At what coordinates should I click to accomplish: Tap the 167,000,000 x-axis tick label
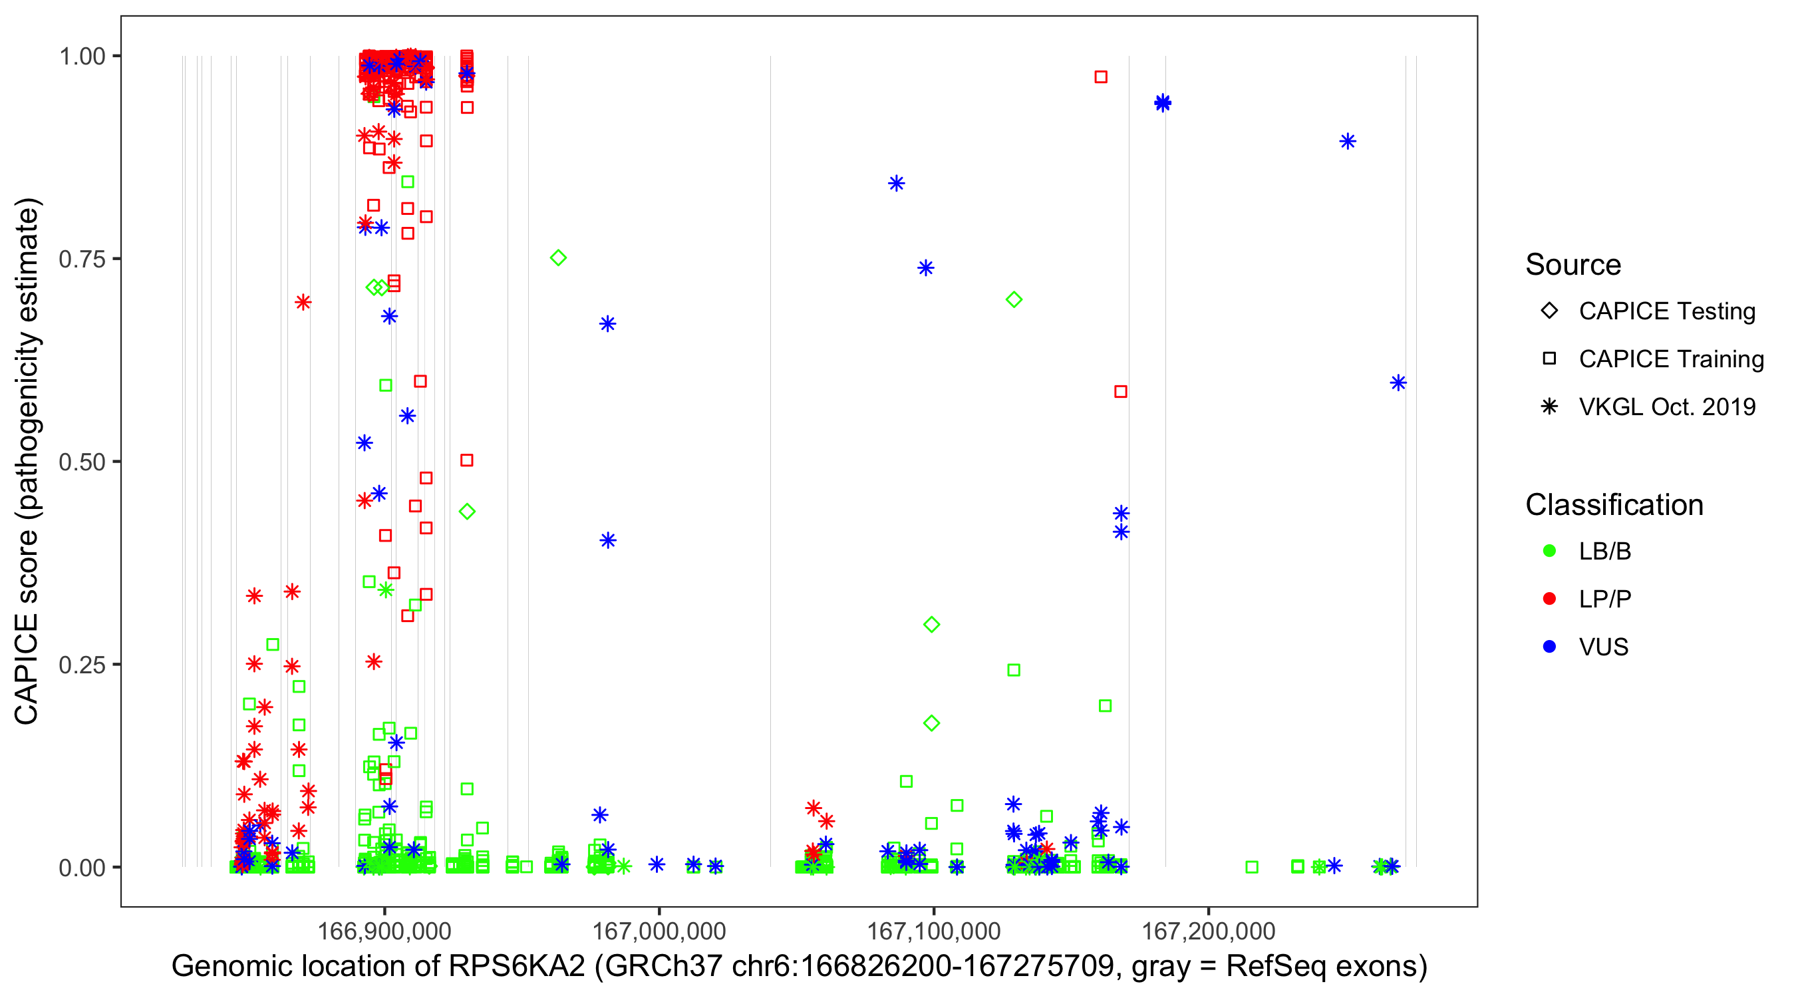pyautogui.click(x=658, y=930)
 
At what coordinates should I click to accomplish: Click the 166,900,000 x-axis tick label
pyautogui.click(x=384, y=930)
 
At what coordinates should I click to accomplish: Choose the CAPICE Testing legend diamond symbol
pyautogui.click(x=1549, y=311)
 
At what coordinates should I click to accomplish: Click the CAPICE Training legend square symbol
pyautogui.click(x=1549, y=359)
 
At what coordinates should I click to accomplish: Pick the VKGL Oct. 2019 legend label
pyautogui.click(x=1666, y=407)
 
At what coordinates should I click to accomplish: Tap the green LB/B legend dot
pyautogui.click(x=1549, y=551)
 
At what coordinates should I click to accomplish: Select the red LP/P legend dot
pyautogui.click(x=1549, y=599)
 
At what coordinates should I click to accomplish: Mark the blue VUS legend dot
pyautogui.click(x=1549, y=647)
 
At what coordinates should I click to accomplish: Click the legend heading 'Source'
pyautogui.click(x=1573, y=265)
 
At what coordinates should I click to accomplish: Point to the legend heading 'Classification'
pyautogui.click(x=1614, y=505)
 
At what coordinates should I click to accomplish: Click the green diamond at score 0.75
pyautogui.click(x=558, y=258)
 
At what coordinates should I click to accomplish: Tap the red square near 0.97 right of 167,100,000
pyautogui.click(x=1100, y=77)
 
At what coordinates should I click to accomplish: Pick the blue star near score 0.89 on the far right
pyautogui.click(x=1347, y=142)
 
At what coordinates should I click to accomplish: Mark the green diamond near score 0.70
pyautogui.click(x=1014, y=300)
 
